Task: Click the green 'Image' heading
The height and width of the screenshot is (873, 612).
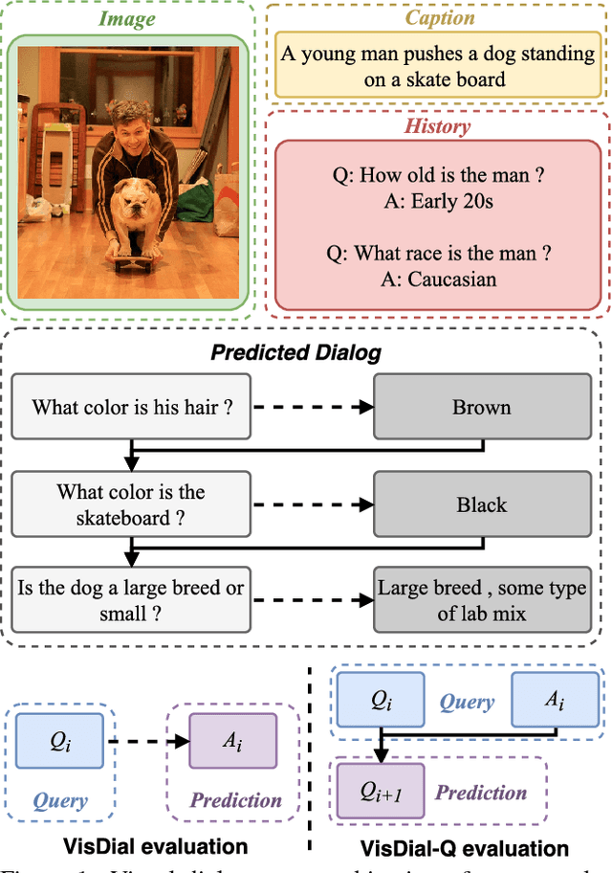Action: (x=129, y=18)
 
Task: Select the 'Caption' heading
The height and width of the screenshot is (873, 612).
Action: (x=438, y=18)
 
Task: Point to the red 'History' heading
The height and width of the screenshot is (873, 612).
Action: (x=438, y=125)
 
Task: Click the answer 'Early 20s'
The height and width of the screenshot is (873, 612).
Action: (x=438, y=202)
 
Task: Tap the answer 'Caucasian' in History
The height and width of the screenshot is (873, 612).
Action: (x=438, y=279)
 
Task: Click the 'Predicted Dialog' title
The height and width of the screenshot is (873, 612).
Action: (x=295, y=352)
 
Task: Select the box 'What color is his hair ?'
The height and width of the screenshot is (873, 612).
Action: (x=133, y=406)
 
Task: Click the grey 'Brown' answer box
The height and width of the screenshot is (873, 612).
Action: (x=481, y=407)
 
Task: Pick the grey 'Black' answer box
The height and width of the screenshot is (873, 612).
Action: (x=481, y=504)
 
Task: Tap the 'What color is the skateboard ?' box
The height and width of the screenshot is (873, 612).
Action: (x=133, y=504)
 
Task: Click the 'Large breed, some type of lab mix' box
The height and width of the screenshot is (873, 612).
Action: (x=481, y=600)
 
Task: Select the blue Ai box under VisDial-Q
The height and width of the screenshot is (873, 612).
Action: (x=555, y=701)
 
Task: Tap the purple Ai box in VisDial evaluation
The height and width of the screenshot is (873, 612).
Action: (x=233, y=741)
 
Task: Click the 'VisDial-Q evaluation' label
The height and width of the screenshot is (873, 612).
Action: (x=464, y=848)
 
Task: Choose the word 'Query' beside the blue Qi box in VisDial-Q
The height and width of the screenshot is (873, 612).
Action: (x=467, y=702)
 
